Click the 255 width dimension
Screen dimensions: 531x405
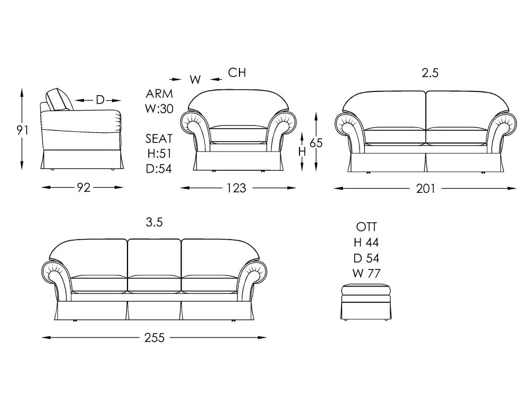[155, 338]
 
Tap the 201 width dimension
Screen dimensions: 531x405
[425, 189]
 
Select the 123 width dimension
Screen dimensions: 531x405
[236, 188]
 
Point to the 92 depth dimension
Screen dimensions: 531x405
[83, 188]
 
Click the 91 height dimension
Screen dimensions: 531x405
[22, 130]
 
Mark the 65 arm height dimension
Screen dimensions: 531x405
[316, 143]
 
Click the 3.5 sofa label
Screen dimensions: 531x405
[155, 222]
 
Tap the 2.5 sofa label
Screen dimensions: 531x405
[430, 73]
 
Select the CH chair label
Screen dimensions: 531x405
[237, 72]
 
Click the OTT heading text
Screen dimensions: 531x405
[366, 227]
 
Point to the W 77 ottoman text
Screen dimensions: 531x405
[366, 273]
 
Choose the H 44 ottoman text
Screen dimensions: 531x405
[366, 243]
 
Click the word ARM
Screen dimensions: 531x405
[159, 94]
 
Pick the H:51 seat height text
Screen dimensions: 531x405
[159, 154]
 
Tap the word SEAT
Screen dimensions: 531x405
[159, 139]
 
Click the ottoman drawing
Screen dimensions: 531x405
[366, 302]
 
